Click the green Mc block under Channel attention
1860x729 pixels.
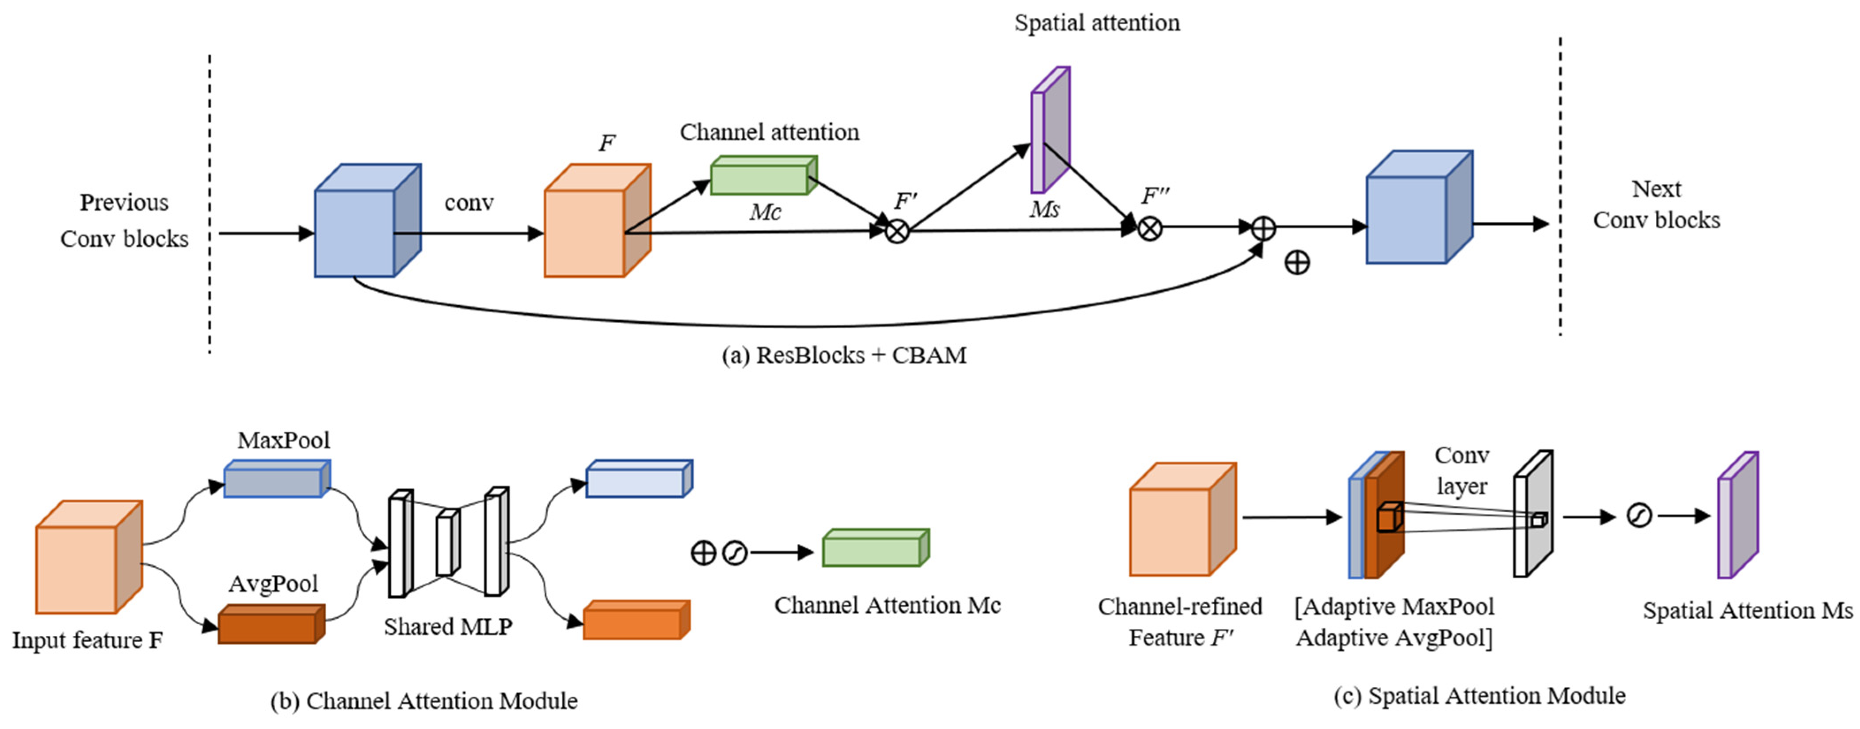click(x=763, y=176)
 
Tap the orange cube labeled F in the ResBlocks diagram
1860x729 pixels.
click(x=596, y=221)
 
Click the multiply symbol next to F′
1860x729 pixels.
click(x=897, y=232)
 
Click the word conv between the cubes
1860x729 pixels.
click(x=469, y=203)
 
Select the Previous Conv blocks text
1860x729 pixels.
click(x=124, y=220)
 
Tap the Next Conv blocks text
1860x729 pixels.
click(x=1656, y=204)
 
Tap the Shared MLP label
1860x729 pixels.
click(x=448, y=626)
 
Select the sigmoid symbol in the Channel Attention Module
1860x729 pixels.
click(x=735, y=554)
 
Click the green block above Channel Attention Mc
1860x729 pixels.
click(x=875, y=549)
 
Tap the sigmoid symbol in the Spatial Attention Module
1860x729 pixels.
click(x=1639, y=516)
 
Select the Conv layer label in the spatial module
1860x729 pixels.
click(x=1461, y=471)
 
